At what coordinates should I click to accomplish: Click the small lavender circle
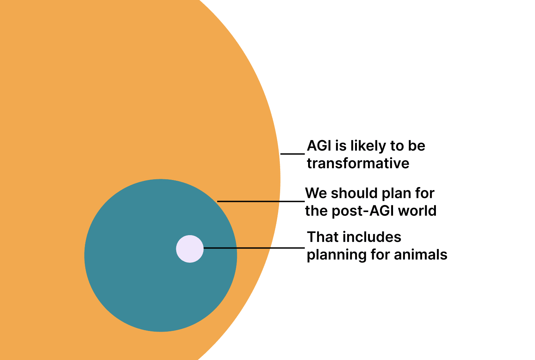pyautogui.click(x=190, y=249)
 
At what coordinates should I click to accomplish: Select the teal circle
pyautogui.click(x=161, y=255)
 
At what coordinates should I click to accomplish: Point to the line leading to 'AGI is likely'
pyautogui.click(x=292, y=154)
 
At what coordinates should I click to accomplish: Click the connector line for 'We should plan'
pyautogui.click(x=261, y=201)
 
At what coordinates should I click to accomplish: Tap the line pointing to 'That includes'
pyautogui.click(x=254, y=248)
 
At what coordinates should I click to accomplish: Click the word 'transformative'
pyautogui.click(x=358, y=163)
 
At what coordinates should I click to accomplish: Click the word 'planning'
pyautogui.click(x=337, y=255)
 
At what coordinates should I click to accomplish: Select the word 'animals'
pyautogui.click(x=421, y=255)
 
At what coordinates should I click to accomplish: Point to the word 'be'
pyautogui.click(x=417, y=146)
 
